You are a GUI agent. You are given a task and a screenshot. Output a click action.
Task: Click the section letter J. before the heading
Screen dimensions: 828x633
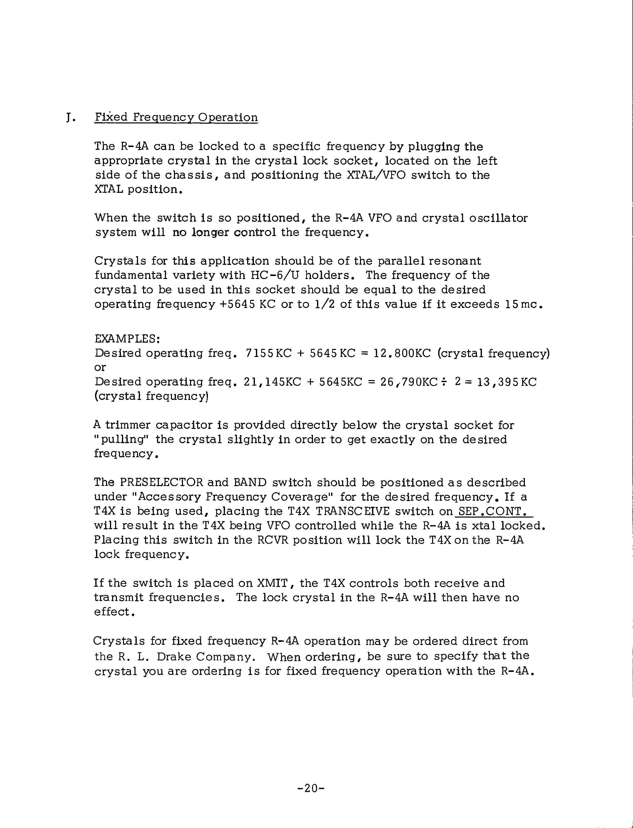pos(70,118)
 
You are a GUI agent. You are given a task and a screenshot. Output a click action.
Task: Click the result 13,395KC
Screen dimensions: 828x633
pos(506,382)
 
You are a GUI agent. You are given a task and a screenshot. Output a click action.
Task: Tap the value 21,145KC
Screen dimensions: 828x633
pos(272,382)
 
